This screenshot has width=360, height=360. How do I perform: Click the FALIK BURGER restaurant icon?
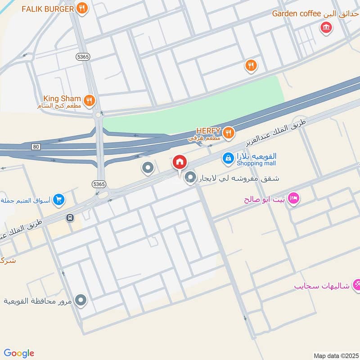[81, 8]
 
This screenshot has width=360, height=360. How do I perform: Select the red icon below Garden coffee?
[325, 28]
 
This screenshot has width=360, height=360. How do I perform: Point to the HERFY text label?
[207, 131]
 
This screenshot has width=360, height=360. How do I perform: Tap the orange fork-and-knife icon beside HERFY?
[229, 132]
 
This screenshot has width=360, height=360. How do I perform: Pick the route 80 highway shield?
[36, 147]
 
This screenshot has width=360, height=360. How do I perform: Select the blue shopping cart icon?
[58, 199]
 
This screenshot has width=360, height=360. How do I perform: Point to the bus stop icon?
[70, 218]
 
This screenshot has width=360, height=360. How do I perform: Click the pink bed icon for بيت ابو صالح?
[293, 198]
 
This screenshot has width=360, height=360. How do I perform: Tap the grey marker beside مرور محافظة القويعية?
[81, 300]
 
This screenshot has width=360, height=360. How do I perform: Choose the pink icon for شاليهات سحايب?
[357, 284]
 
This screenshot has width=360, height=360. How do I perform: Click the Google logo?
[19, 353]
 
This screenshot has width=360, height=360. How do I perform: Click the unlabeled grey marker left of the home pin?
[147, 169]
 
